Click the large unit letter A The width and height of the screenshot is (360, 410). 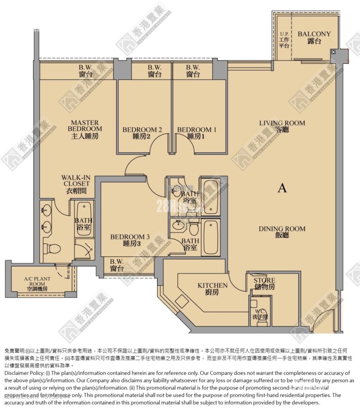click(x=282, y=188)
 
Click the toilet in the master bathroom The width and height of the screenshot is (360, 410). click(x=52, y=248)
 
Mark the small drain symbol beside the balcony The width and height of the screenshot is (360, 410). click(x=333, y=52)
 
